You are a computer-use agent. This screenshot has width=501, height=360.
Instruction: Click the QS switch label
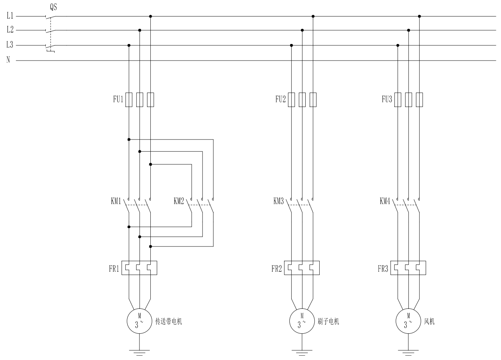coord(53,7)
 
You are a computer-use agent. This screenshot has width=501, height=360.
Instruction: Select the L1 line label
coord(10,15)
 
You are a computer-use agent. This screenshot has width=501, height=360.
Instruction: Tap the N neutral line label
coord(8,60)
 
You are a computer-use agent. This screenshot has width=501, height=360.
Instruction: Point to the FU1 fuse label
coord(118,99)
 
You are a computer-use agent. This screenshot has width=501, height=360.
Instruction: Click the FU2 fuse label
coord(280,99)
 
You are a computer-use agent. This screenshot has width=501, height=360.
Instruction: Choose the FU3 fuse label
coord(387,99)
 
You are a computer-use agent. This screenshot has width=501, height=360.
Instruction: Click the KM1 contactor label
coord(116,201)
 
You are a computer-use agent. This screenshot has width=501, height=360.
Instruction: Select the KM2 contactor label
coord(179,201)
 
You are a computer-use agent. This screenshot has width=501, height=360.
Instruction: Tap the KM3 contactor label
coord(279,201)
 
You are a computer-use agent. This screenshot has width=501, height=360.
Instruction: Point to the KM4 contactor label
coord(385,201)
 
